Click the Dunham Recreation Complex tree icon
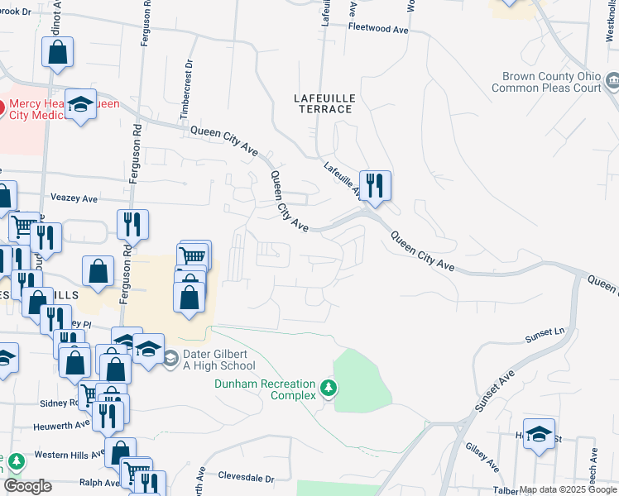click(329, 387)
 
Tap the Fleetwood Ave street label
click(379, 29)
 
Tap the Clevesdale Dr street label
click(245, 477)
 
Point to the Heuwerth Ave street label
click(60, 426)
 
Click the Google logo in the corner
click(26, 486)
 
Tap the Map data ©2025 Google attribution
click(568, 489)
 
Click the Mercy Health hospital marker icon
click(2, 107)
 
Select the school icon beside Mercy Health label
click(80, 104)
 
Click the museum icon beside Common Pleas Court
click(612, 81)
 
